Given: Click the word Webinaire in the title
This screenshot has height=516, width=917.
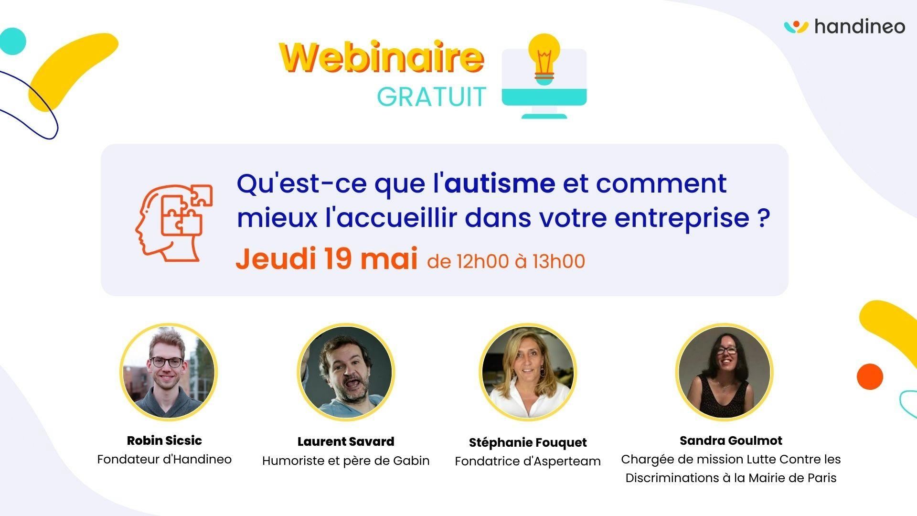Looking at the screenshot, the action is click(382, 58).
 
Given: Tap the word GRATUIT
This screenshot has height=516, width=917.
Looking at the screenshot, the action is click(432, 97).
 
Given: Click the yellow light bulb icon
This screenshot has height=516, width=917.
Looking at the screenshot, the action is click(544, 59).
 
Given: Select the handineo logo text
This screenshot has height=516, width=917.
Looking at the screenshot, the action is click(860, 26).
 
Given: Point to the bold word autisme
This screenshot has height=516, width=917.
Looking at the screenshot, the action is click(500, 183).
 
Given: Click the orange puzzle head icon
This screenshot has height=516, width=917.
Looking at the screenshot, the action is click(173, 223).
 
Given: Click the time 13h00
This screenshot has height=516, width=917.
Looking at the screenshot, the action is click(559, 261).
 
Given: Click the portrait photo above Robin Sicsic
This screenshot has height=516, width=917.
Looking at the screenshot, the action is click(169, 372).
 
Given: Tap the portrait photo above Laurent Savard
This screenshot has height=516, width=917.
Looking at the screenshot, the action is click(346, 372).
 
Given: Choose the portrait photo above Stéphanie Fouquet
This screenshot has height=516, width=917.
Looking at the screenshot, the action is click(528, 372).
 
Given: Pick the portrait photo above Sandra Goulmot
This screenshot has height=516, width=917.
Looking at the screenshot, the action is click(725, 372).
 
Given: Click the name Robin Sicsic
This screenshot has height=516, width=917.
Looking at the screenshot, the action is click(164, 441).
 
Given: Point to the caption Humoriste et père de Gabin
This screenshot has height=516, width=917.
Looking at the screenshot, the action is click(346, 461).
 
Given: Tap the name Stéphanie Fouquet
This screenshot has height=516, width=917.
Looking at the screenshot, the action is click(528, 443).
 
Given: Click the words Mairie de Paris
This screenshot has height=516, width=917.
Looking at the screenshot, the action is click(792, 478).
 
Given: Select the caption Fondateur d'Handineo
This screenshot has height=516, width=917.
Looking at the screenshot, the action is click(164, 460).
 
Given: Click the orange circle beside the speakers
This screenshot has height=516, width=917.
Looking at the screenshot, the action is click(870, 376).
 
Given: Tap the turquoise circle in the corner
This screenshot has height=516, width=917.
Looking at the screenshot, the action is click(12, 41).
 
